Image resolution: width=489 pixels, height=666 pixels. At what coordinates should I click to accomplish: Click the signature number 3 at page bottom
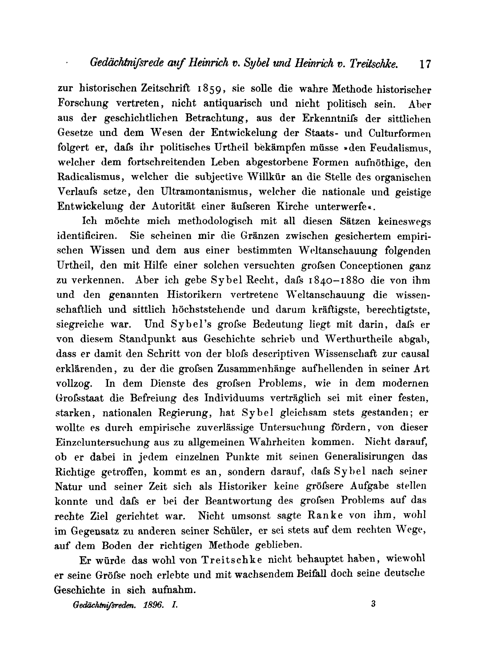(373, 603)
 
